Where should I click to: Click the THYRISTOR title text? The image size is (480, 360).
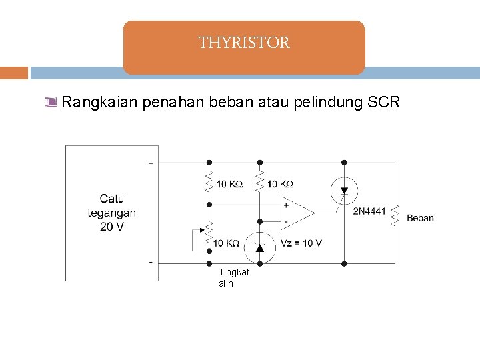[244, 43]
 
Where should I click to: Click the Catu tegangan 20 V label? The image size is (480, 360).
[111, 212]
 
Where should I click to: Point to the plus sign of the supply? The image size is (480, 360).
[151, 162]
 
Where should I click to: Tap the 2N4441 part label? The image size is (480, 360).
[369, 211]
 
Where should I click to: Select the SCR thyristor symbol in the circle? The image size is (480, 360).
[343, 191]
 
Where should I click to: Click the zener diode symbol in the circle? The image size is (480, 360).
[259, 248]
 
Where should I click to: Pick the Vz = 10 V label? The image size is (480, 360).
[302, 243]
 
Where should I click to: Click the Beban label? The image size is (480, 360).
[420, 218]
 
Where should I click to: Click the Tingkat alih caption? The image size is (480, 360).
[233, 277]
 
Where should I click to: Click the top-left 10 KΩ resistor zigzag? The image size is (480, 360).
[209, 181]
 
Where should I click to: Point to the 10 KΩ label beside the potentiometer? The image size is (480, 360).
[227, 243]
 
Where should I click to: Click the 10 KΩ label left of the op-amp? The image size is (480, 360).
[280, 184]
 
